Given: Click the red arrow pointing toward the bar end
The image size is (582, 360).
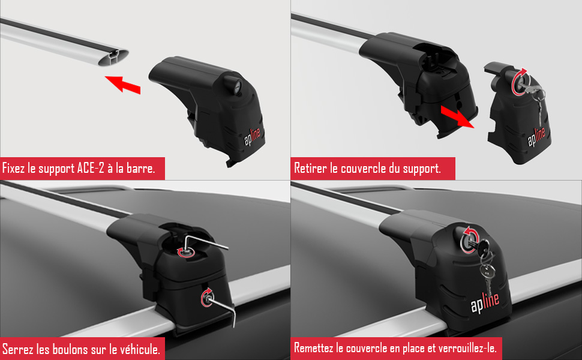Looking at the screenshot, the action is pos(123,84).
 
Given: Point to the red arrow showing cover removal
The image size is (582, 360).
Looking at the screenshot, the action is pos(457,116).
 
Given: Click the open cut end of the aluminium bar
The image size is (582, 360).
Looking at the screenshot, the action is pos(113,58).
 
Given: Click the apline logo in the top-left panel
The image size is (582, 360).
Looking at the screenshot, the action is pos(253,137).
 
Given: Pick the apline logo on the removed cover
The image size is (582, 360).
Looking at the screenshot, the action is pos(536,137).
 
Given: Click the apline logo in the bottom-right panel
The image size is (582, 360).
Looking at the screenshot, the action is pos(485,302).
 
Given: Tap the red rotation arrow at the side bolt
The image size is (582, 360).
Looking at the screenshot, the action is pos(206,297).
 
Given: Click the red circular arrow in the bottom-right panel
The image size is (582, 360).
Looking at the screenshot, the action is pos(469,239).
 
